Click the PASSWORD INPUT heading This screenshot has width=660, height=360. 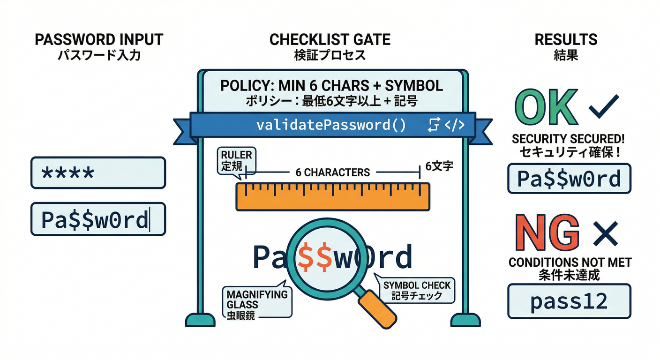[x=98, y=40]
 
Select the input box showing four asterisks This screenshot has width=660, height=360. [x=98, y=173]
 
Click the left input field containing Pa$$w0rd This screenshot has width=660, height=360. [x=98, y=219]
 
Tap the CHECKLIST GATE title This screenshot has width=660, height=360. [x=330, y=40]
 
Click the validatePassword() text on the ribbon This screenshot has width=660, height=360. [x=331, y=125]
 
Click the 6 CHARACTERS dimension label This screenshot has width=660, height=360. [x=333, y=172]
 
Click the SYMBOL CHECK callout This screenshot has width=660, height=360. [x=416, y=290]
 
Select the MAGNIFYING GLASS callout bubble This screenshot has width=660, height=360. [x=256, y=300]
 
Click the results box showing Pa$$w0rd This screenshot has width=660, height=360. [x=569, y=179]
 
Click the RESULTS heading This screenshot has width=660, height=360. [x=566, y=40]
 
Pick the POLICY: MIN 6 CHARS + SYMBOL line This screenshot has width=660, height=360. [x=331, y=86]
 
